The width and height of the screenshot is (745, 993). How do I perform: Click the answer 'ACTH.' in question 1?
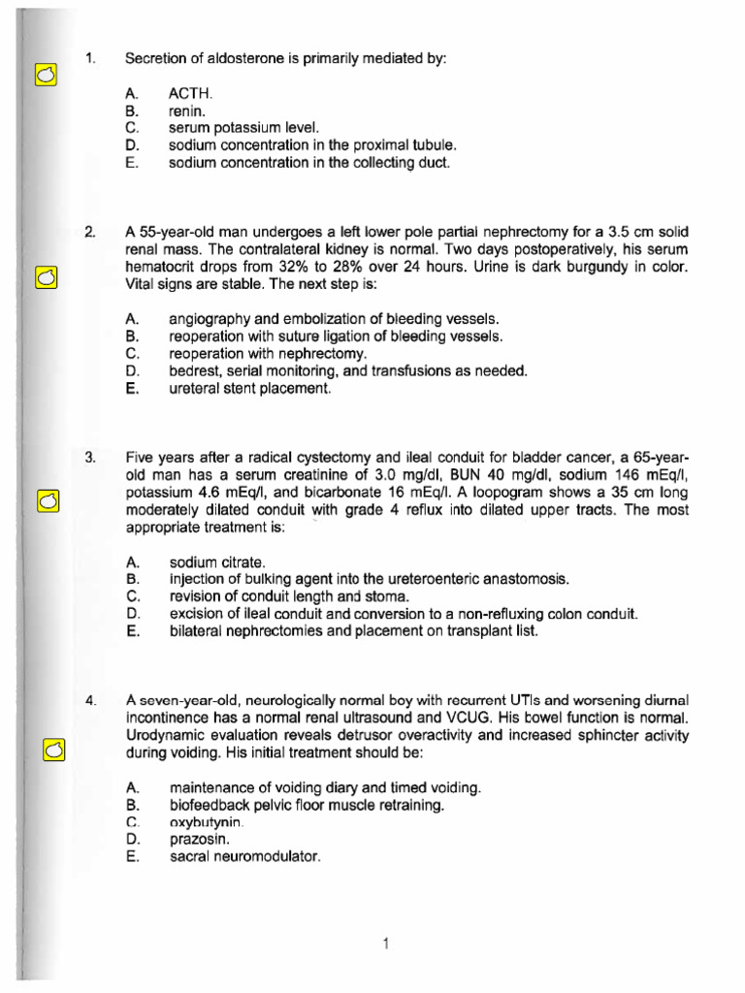(189, 94)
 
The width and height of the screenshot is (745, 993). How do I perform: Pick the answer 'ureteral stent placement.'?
(250, 389)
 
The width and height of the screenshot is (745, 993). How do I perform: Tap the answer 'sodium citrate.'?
(216, 561)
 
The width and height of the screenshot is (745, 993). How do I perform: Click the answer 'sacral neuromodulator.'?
(244, 857)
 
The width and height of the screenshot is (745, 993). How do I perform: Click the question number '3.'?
(90, 458)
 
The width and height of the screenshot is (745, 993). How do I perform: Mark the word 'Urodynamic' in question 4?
(167, 735)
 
